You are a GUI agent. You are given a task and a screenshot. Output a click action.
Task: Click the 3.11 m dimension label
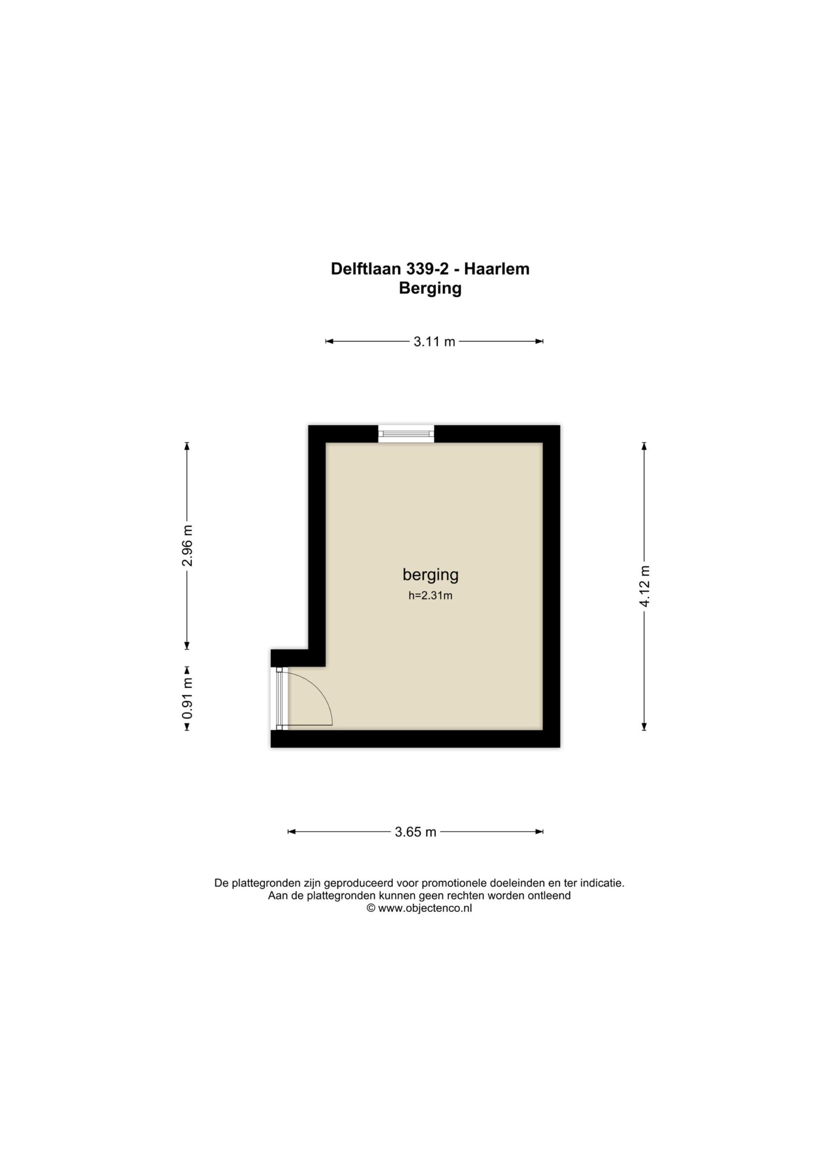[x=434, y=342]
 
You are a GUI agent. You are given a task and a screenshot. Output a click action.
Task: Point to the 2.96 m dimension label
[x=187, y=545]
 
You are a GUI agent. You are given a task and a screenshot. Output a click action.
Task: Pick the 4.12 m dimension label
[x=644, y=587]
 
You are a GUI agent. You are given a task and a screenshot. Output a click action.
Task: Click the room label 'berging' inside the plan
[x=431, y=575]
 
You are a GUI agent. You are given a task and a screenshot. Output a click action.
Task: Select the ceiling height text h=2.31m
[x=431, y=596]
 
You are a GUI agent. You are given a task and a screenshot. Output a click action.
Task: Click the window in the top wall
[x=406, y=434]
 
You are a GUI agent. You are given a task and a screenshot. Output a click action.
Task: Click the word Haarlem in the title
[x=497, y=269]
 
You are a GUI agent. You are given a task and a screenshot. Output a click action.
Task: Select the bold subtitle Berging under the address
[x=430, y=289]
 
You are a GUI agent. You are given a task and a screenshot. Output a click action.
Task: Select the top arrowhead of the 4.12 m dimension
[x=644, y=446]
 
